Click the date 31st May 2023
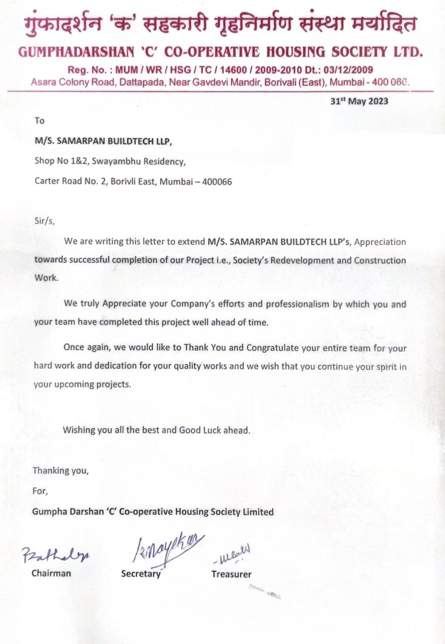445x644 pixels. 359,101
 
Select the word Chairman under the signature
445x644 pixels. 51,573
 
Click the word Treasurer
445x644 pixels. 231,574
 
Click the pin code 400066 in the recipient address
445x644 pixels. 217,182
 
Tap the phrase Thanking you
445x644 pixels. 60,471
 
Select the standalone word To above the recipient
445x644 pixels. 39,121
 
